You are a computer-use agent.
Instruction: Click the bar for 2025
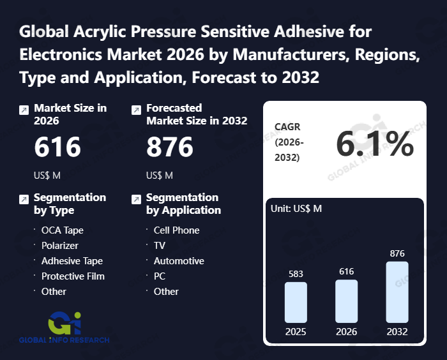[296, 302]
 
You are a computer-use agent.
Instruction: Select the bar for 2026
[346, 301]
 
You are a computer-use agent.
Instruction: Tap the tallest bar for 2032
[397, 292]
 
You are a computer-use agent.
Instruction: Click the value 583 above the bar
[296, 274]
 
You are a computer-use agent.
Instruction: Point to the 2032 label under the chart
[397, 332]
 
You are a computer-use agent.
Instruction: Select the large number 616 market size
[57, 147]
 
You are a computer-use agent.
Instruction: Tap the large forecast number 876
[170, 147]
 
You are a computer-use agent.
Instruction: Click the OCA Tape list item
[62, 230]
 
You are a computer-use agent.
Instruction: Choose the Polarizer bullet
[61, 245]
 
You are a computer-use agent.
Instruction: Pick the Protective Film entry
[73, 276]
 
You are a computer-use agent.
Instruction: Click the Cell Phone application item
[176, 230]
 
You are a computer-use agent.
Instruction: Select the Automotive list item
[179, 260]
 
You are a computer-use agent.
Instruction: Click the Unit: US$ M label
[296, 208]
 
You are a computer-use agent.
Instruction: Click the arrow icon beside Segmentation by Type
[24, 199]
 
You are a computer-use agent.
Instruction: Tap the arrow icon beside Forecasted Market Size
[136, 110]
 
